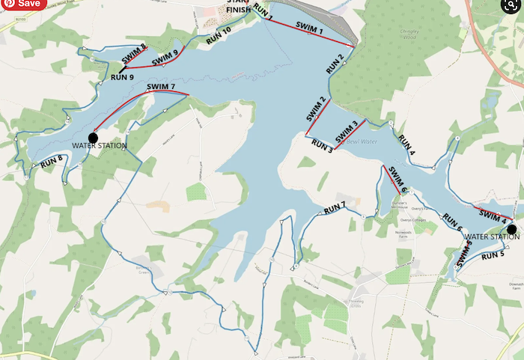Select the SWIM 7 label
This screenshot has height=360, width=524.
tap(162, 87)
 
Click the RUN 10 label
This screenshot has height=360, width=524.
tap(219, 34)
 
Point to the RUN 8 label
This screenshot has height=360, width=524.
tap(52, 161)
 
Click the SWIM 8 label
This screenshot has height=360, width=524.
tap(134, 52)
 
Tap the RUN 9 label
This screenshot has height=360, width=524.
tap(122, 76)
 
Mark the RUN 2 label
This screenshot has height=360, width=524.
tap(335, 64)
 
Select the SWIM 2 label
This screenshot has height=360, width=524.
tap(316, 110)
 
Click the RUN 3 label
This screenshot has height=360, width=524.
tap(322, 144)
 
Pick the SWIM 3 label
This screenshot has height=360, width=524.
tap(347, 132)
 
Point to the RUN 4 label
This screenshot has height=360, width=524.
tap(406, 144)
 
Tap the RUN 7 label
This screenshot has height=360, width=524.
tap(335, 205)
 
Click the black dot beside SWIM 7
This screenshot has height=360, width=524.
tap(93, 137)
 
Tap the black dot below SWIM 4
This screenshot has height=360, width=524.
tap(512, 229)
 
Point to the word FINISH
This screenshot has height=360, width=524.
tap(239, 11)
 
